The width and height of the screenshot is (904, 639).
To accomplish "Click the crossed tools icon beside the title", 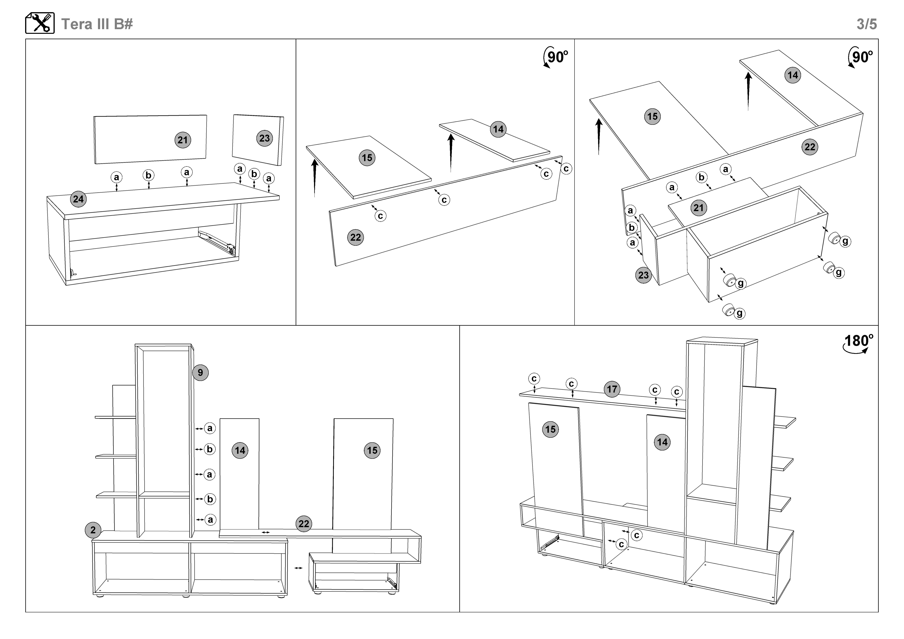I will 40,23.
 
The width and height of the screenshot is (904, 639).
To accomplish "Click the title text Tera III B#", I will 97,24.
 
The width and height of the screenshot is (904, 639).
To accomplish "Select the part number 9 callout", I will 200,373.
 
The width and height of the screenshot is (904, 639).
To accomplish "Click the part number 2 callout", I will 93,530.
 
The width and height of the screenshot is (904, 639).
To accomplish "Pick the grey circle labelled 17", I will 612,389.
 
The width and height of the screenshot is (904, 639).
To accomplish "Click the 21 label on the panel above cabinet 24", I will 183,140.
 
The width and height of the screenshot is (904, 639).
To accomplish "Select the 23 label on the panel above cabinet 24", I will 265,138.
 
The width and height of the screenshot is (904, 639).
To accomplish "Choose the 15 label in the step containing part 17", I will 550,429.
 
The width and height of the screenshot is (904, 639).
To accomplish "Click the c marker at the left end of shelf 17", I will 534,379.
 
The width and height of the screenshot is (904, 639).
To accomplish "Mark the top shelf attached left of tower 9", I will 115,417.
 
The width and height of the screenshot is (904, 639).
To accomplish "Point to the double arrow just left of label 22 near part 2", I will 266,532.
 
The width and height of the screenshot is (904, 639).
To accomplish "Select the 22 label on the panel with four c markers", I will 356,237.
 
